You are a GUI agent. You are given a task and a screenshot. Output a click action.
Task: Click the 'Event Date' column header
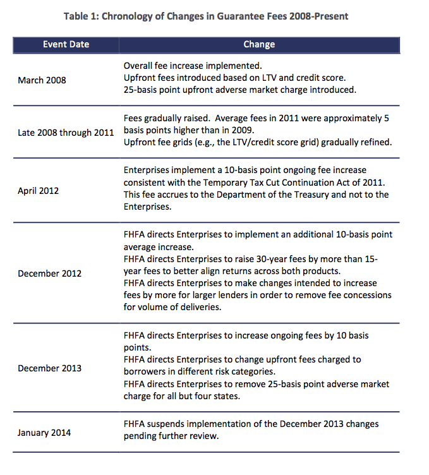click(x=66, y=45)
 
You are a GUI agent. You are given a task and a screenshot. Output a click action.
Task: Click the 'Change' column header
click(x=259, y=45)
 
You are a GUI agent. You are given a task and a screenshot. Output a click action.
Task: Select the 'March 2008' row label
click(x=42, y=80)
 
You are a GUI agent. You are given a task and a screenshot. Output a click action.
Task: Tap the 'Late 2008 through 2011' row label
click(x=66, y=133)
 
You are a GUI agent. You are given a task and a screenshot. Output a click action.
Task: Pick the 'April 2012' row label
click(x=38, y=189)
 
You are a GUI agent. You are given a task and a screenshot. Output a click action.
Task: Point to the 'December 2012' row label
click(x=50, y=274)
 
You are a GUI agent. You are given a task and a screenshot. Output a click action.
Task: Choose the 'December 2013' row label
click(x=50, y=368)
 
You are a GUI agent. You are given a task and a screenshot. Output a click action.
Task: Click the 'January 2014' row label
click(x=44, y=433)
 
